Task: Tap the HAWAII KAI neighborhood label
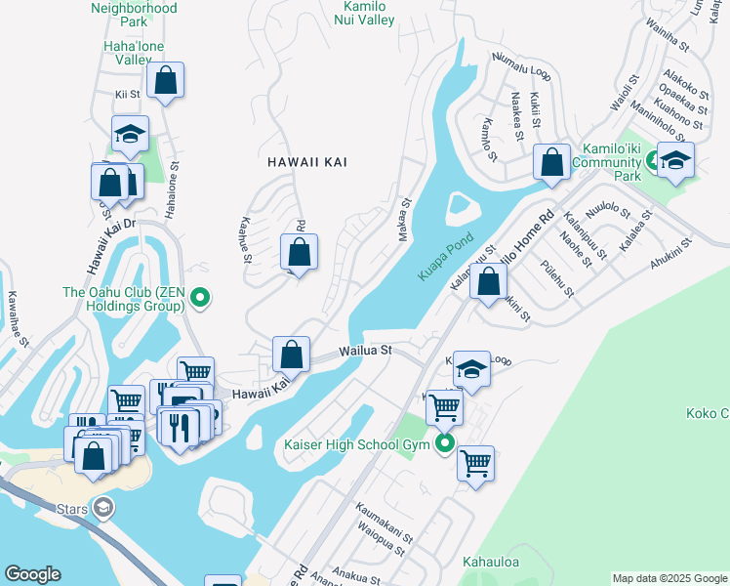[x=307, y=162]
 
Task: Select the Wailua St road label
[x=365, y=350]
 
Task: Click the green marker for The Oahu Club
[x=201, y=298]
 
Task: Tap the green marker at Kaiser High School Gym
[x=446, y=444]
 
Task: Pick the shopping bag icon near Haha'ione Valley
[x=165, y=81]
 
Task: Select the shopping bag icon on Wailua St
[x=291, y=356]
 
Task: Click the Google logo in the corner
[x=32, y=574]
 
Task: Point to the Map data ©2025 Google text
[x=669, y=578]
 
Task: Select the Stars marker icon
[x=102, y=508]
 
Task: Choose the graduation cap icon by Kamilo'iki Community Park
[x=674, y=160]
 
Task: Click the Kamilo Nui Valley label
[x=361, y=13]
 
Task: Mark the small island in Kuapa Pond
[x=458, y=207]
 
